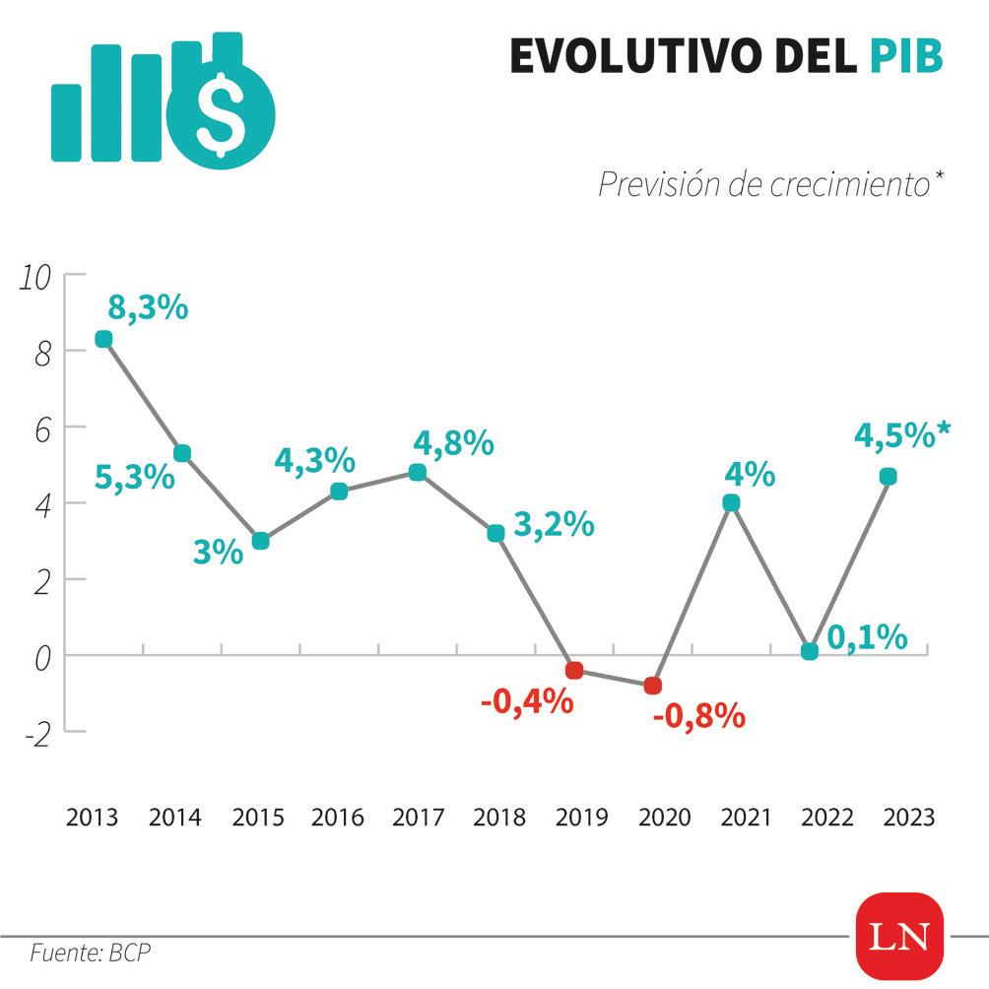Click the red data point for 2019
[x=574, y=671]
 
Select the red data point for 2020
[x=652, y=686]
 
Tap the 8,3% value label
[x=147, y=307]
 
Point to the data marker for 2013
[x=103, y=339]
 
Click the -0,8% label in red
[x=698, y=716]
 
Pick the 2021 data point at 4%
[x=731, y=502]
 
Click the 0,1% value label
[x=867, y=637]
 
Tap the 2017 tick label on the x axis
[x=418, y=818]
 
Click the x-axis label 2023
[x=908, y=818]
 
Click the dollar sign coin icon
[x=221, y=113]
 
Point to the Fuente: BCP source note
[x=91, y=953]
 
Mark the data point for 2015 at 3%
[x=260, y=541]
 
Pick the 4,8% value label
[x=454, y=443]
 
